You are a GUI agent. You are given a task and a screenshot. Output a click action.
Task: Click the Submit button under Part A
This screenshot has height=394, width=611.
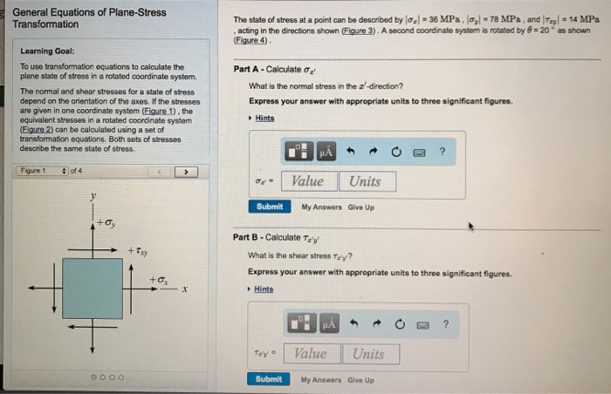270,207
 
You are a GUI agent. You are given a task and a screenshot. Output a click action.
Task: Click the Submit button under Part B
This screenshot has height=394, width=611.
270,379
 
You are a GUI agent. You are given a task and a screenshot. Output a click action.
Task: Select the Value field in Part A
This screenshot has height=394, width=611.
307,181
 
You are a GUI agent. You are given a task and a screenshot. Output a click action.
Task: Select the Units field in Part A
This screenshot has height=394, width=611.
365,181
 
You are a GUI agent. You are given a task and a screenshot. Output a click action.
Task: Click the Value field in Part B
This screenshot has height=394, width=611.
311,353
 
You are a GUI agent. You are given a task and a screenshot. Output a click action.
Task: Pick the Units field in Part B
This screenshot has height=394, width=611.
368,353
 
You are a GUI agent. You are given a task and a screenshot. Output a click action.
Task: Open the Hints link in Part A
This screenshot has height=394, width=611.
264,119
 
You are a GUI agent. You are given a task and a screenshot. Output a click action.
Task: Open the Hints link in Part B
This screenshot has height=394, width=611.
264,289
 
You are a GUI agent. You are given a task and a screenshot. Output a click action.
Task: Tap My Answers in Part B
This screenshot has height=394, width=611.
319,379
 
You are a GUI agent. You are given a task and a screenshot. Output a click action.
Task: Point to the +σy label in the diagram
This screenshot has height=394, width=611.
106,224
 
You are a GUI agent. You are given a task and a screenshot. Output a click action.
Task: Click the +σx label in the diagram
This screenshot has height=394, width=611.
159,279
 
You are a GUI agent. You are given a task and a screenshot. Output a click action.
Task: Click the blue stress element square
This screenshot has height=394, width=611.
92,288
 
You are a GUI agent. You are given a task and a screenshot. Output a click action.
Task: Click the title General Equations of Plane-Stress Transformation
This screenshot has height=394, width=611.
70,18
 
